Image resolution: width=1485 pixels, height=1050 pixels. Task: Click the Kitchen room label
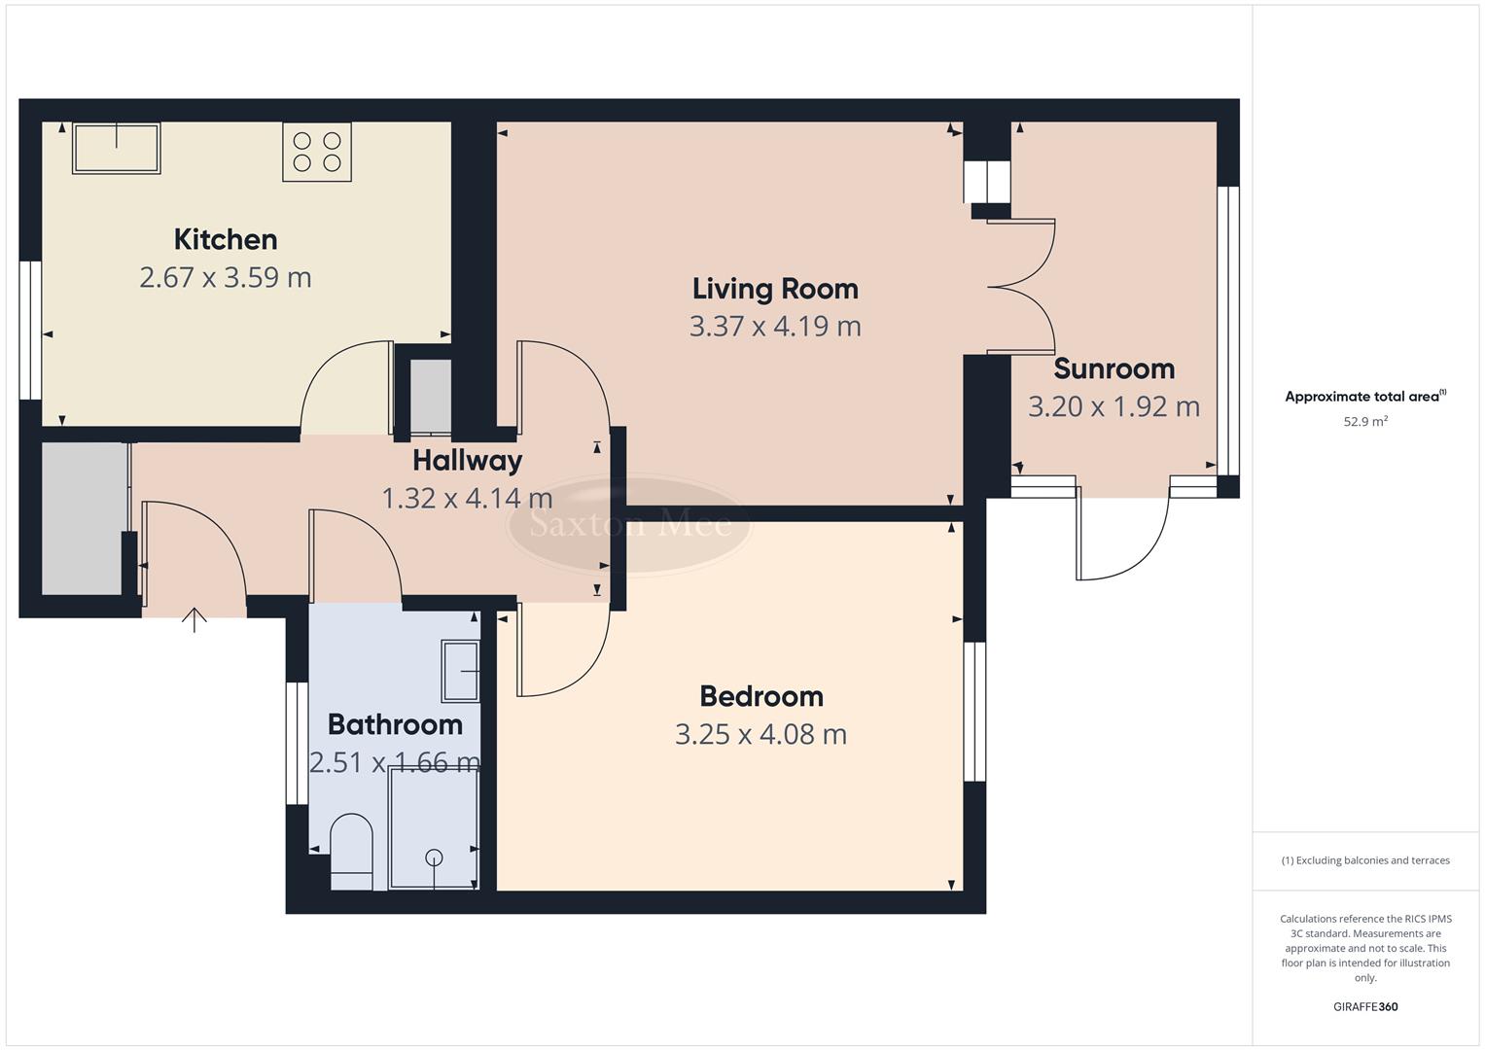(x=226, y=239)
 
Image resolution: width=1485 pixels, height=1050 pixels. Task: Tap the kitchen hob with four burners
(x=317, y=152)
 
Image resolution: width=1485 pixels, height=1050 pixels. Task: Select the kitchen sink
(x=116, y=149)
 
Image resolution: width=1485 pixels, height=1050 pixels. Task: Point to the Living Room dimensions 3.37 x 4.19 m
(x=775, y=327)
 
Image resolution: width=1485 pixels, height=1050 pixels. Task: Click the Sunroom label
(x=1114, y=369)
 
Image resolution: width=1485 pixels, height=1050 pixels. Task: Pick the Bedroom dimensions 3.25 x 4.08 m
(x=760, y=735)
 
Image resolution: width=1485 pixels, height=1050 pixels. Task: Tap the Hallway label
(x=467, y=461)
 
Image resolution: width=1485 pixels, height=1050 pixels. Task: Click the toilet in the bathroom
(x=351, y=851)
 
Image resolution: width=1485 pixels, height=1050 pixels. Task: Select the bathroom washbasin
(x=461, y=671)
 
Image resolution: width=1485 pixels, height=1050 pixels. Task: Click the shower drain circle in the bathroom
(x=434, y=857)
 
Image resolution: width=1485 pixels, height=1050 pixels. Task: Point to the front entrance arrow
(x=194, y=619)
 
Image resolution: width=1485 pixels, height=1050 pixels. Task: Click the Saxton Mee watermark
(x=629, y=525)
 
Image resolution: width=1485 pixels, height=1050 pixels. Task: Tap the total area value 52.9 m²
(x=1364, y=422)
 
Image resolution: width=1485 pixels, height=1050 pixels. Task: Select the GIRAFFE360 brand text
(x=1364, y=1007)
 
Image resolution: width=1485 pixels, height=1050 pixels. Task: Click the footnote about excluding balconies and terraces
(x=1364, y=860)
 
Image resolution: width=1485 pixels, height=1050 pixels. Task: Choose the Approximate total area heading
(x=1364, y=397)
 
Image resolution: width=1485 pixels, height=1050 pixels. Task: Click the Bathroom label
(x=394, y=725)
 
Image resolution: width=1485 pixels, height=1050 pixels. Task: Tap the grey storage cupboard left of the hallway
(x=83, y=518)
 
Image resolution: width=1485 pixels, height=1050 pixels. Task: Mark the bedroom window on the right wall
(x=974, y=711)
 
